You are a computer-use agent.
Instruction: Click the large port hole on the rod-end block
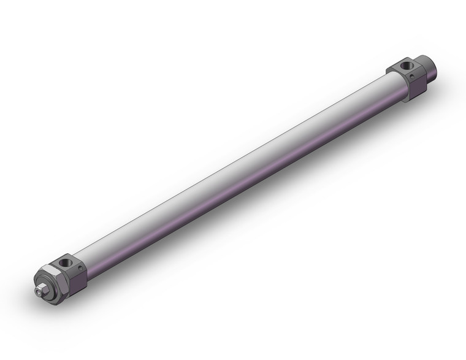coord(66,262)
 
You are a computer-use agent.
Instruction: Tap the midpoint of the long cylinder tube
coord(239,172)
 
